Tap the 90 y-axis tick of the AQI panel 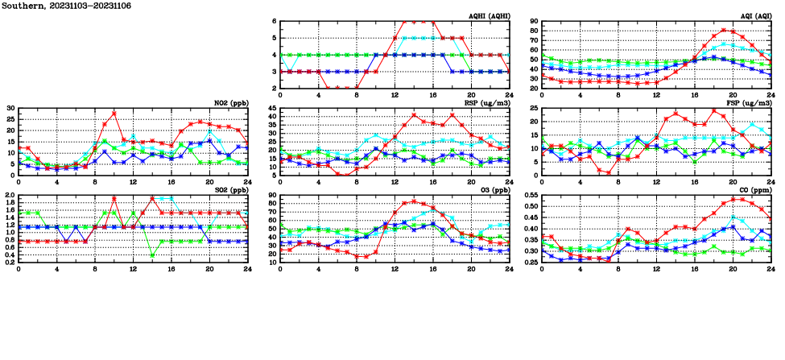pyautogui.click(x=534, y=21)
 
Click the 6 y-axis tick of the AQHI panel pyautogui.click(x=275, y=21)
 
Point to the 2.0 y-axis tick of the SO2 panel pyautogui.click(x=10, y=196)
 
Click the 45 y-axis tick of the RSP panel pyautogui.click(x=272, y=108)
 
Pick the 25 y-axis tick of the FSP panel pyautogui.click(x=534, y=108)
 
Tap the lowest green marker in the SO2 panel pyautogui.click(x=152, y=255)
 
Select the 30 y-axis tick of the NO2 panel pyautogui.click(x=10, y=108)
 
